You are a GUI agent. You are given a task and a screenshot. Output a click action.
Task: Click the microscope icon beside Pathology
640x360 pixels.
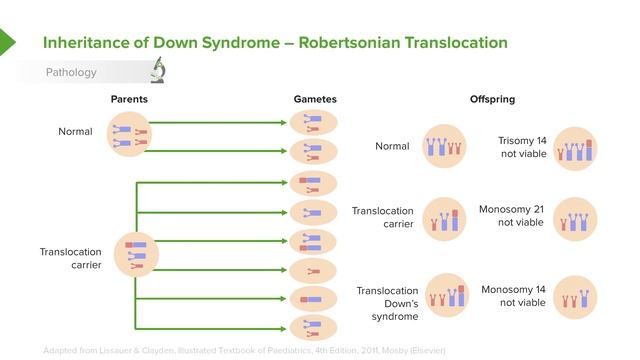point(158,71)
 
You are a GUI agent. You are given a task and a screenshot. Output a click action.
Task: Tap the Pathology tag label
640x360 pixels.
point(71,72)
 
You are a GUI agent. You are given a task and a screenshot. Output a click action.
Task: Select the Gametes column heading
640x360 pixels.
point(315,100)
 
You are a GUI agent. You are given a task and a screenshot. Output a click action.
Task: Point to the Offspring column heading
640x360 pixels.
point(492,100)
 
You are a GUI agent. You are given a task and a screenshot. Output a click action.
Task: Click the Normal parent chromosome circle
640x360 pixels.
point(132,136)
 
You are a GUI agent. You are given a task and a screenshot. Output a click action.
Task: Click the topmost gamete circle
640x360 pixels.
point(314,124)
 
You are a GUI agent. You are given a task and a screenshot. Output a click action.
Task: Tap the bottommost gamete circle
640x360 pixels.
point(314,326)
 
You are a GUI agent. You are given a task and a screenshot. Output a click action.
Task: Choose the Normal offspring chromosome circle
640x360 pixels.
point(443,148)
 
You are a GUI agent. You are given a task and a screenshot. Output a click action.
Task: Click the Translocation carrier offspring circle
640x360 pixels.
point(443,219)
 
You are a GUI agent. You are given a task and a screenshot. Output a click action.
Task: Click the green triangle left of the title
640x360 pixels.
point(7,42)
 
